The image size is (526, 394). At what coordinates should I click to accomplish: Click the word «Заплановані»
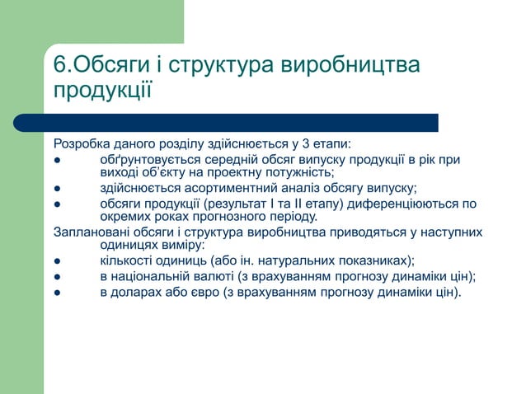87,232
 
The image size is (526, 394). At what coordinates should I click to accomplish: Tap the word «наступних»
452,232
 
